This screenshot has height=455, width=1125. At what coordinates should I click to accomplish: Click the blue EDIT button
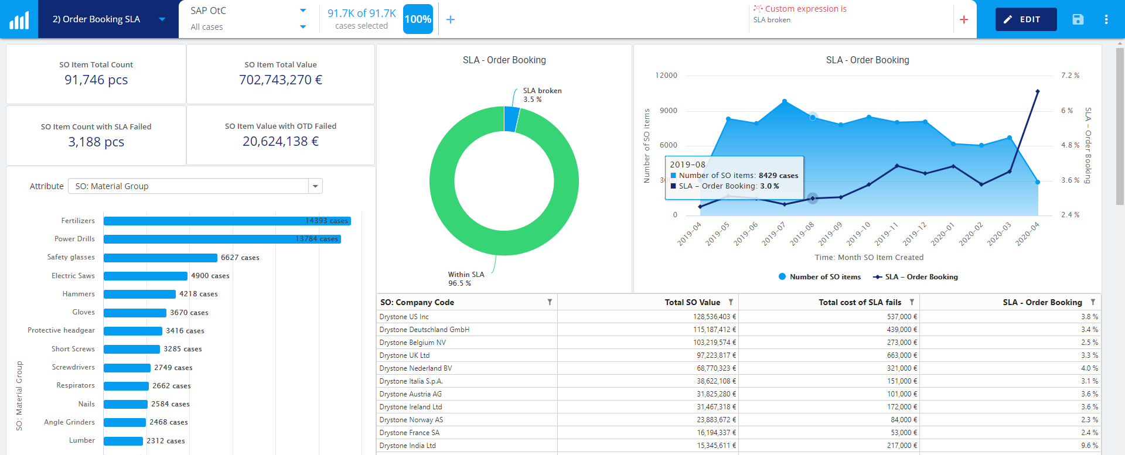(1025, 19)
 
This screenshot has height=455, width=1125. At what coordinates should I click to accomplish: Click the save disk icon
(1078, 19)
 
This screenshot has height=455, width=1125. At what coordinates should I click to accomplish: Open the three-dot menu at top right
(1106, 19)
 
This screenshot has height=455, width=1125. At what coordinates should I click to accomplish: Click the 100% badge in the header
(418, 19)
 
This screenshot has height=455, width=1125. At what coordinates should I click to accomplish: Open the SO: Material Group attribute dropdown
(315, 186)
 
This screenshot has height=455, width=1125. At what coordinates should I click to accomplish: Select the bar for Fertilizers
(227, 221)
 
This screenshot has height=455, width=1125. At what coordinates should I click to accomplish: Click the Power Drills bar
(221, 239)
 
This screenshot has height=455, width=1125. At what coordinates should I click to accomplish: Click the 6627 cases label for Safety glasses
(240, 258)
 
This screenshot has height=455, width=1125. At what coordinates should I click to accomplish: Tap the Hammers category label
(79, 294)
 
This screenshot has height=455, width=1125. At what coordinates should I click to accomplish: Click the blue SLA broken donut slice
(511, 119)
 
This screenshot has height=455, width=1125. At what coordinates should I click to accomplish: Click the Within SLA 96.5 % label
(466, 279)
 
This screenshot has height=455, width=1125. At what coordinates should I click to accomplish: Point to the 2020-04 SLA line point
(1037, 91)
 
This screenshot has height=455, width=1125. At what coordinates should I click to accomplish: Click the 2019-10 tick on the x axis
(858, 234)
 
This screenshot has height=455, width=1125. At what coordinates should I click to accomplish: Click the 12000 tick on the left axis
(666, 76)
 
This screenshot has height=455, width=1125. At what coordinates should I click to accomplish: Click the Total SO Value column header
(692, 302)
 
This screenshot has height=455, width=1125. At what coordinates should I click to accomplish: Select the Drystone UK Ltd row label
(404, 355)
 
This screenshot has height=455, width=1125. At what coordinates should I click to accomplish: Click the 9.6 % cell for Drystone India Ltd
(1089, 446)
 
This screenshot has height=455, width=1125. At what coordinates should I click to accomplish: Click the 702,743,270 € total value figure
(280, 80)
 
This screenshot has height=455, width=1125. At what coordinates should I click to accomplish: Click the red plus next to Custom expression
(964, 20)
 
